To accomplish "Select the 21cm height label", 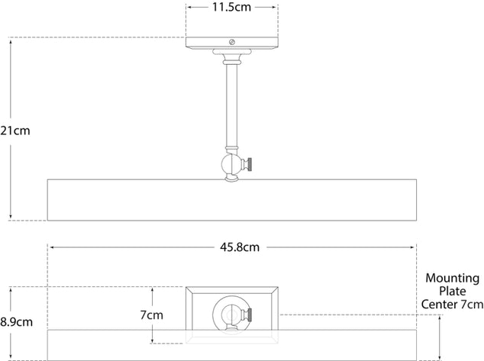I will tap(15, 131).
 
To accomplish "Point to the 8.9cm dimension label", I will tap(17, 322).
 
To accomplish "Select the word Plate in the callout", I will tap(453, 292).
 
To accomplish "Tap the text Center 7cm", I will tap(452, 305).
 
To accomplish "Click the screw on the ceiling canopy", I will tap(232, 43).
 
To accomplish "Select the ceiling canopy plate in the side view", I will tap(231, 44).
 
